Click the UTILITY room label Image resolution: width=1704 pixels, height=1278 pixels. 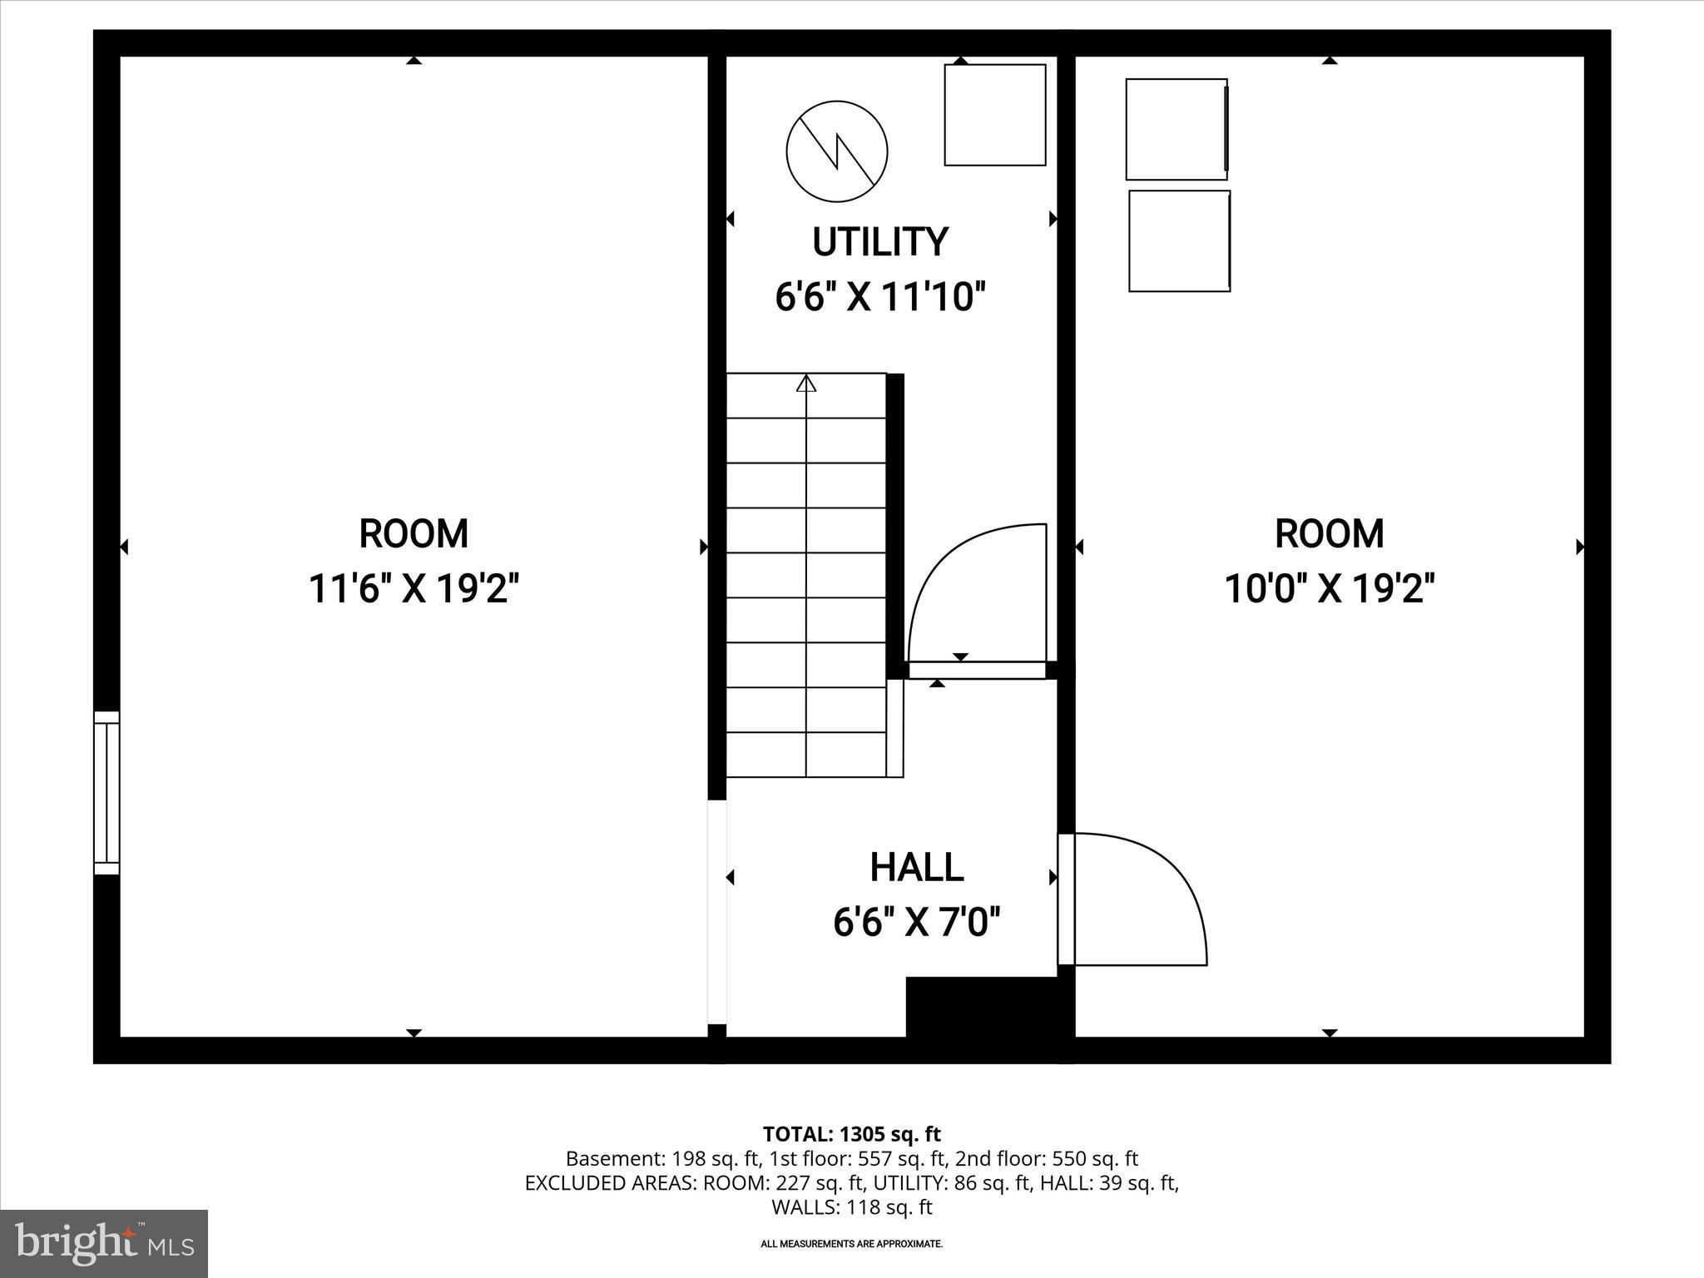(879, 242)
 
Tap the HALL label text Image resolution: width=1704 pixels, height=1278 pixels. (916, 868)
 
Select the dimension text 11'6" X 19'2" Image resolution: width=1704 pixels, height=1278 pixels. (414, 589)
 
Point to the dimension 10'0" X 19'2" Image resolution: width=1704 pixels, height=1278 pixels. (1329, 589)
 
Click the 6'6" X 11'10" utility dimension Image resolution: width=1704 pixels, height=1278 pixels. (879, 297)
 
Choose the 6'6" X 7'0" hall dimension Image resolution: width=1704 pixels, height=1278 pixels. (916, 922)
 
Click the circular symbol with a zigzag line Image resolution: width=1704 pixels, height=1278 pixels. (836, 151)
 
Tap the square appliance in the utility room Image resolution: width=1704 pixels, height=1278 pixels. (994, 115)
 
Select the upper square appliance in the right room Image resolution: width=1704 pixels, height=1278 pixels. (1176, 129)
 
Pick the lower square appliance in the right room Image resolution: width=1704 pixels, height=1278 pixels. (1179, 241)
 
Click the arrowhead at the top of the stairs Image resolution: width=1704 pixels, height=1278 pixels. (805, 384)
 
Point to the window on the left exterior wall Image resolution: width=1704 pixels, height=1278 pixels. (106, 792)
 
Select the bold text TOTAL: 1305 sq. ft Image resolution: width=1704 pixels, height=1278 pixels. (851, 1134)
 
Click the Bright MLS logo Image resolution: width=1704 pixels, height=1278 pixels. (104, 1244)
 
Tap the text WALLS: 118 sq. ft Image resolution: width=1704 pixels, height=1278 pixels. (851, 1206)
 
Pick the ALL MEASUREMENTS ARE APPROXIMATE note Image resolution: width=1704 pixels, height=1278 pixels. (851, 1244)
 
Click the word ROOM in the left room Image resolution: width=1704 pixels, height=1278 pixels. (414, 534)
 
